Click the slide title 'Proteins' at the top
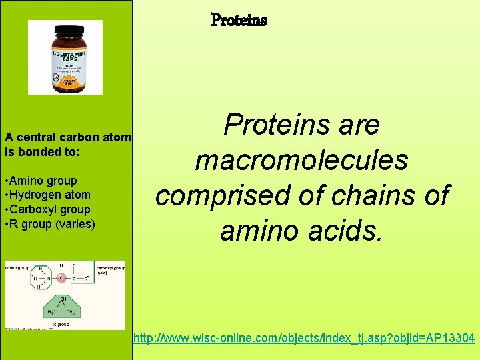click(x=239, y=21)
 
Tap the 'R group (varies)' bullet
click(x=51, y=224)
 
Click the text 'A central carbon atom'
click(x=68, y=138)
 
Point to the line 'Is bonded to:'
click(x=42, y=152)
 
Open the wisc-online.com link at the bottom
click(x=304, y=339)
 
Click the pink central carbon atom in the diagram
click(x=61, y=278)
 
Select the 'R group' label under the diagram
click(x=61, y=325)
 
